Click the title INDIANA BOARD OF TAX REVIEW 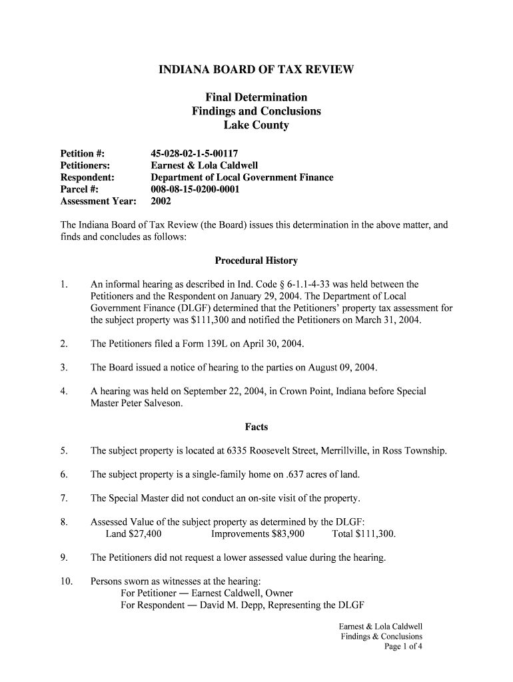coord(256,69)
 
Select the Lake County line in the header coord(256,125)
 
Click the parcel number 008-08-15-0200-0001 coord(195,189)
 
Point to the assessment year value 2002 coord(161,201)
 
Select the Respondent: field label coord(87,177)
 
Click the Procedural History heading coord(256,260)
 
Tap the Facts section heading coord(256,427)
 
